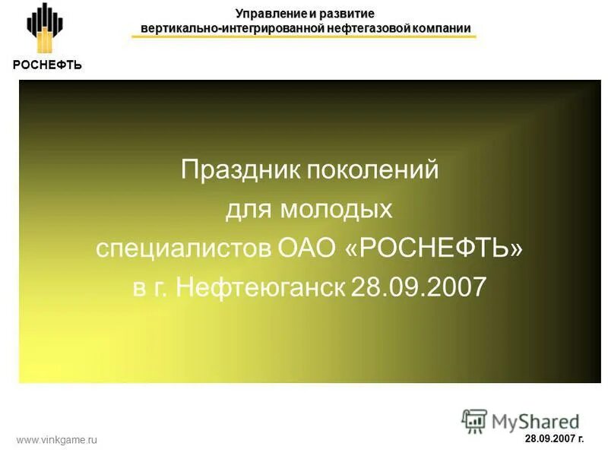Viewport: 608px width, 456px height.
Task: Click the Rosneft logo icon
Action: (x=46, y=30)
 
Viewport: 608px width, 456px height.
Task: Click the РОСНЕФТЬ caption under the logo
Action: (x=46, y=65)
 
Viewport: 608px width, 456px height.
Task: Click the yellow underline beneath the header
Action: (x=304, y=36)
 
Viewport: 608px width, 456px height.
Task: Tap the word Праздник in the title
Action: (x=242, y=169)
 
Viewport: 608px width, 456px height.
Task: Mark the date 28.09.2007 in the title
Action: (x=418, y=287)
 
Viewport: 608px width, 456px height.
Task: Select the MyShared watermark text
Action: (x=536, y=421)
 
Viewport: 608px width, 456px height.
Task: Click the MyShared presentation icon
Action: (x=474, y=420)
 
